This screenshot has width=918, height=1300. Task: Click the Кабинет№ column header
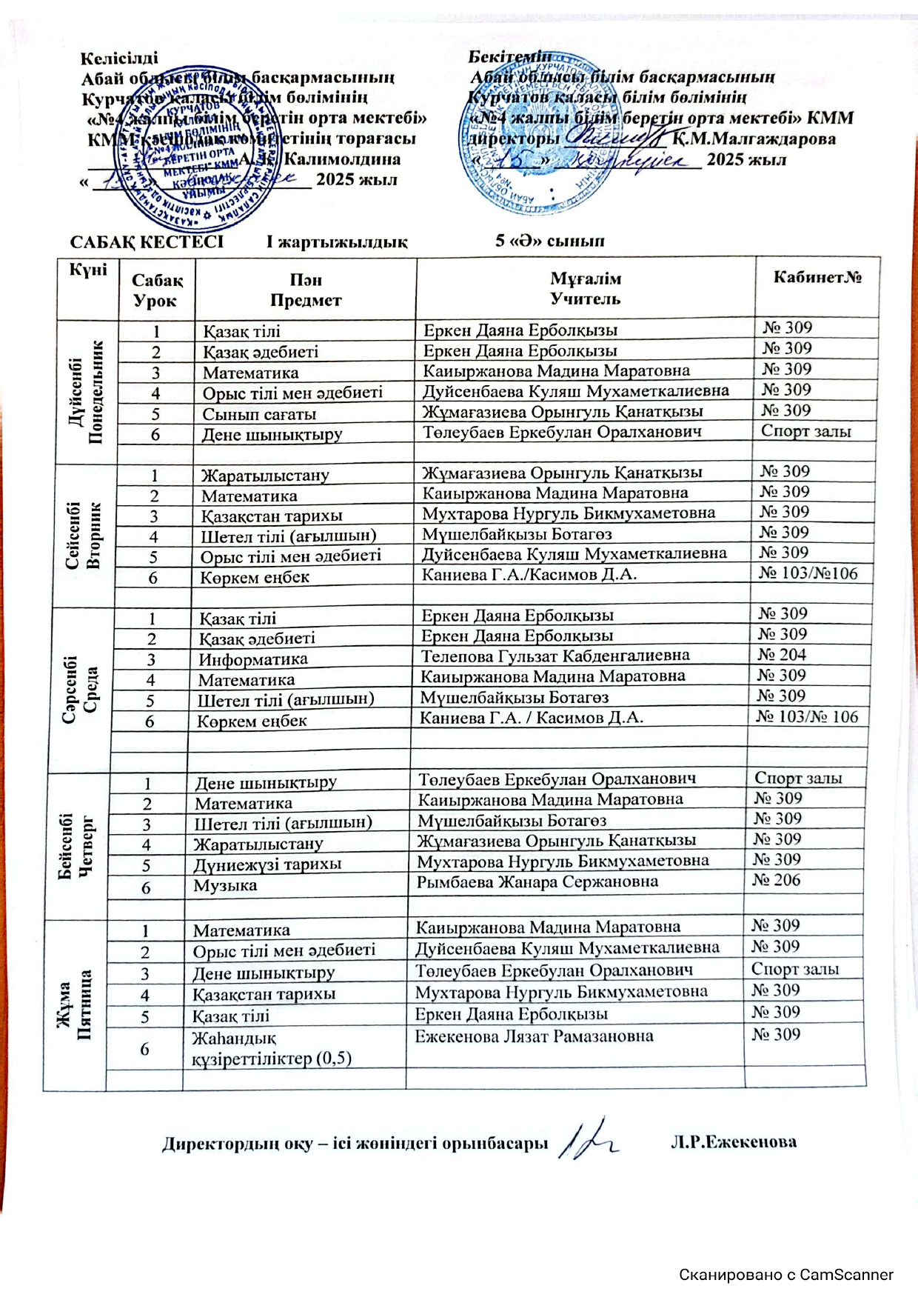click(817, 278)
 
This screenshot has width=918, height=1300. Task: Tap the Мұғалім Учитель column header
click(585, 289)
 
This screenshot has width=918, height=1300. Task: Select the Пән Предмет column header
click(306, 290)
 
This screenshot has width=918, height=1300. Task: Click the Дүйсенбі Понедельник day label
click(87, 393)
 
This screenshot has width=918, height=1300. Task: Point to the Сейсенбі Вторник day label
click(83, 535)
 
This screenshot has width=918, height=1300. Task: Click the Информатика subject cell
click(253, 659)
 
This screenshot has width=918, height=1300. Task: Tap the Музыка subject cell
click(226, 885)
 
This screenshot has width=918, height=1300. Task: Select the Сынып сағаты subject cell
click(259, 414)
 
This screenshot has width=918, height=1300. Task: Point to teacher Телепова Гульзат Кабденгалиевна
click(555, 656)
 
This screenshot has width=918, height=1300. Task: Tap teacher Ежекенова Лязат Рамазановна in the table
click(534, 1036)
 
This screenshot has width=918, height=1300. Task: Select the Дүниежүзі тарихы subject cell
click(267, 864)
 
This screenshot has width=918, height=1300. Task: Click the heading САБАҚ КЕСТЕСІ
click(147, 242)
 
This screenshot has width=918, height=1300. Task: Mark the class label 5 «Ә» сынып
click(550, 241)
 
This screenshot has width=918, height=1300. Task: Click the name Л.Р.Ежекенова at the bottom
click(734, 1141)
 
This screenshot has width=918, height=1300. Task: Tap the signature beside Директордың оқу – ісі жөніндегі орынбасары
click(589, 1139)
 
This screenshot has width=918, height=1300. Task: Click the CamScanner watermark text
click(786, 1275)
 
